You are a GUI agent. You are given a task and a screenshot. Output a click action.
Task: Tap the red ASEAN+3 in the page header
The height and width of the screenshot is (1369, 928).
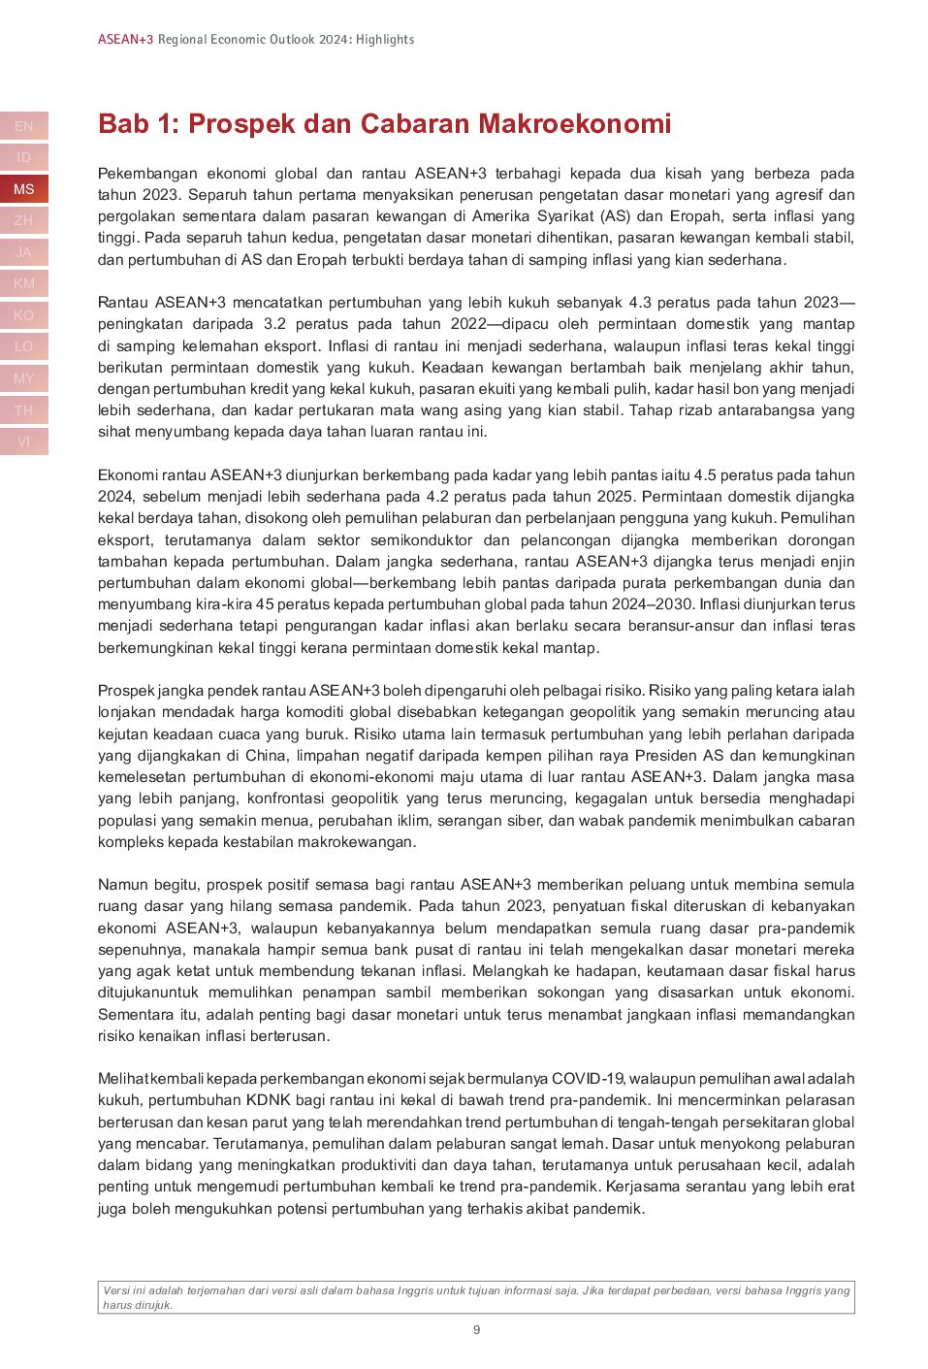point(125,40)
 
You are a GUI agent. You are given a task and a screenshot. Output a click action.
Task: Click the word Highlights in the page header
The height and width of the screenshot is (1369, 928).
point(385,40)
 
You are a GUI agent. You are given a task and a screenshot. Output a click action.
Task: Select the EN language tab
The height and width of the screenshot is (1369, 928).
point(24,126)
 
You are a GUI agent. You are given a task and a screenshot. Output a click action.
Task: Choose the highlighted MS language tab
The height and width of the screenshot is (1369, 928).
point(24,189)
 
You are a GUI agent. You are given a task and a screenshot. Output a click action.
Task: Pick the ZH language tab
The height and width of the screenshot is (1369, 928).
point(24,220)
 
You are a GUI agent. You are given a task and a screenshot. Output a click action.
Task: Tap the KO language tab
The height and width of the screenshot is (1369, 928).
point(24,315)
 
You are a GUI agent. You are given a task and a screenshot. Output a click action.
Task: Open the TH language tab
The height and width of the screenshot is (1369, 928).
point(24,410)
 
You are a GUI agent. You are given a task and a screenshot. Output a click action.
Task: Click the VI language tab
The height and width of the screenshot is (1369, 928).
point(24,441)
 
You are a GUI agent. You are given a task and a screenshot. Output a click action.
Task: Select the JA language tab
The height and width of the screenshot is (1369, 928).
point(24,252)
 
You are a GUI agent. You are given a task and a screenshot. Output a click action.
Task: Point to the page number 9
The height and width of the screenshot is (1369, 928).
point(476,1330)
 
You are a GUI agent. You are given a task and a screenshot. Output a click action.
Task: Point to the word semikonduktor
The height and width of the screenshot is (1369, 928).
point(422,540)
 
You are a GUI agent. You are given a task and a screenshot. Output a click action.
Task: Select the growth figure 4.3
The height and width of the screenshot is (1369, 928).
point(640,303)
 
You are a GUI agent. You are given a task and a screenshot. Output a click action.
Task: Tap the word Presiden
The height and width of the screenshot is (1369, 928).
point(667,756)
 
